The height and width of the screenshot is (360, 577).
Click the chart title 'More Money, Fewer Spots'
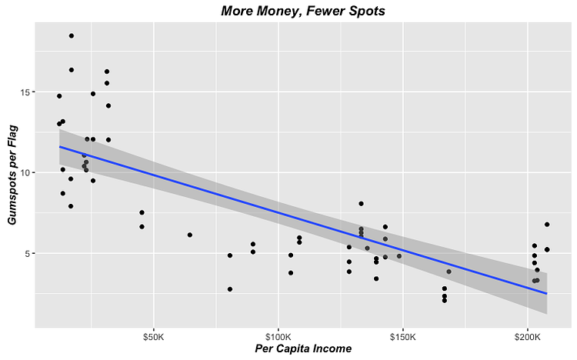coord(302,11)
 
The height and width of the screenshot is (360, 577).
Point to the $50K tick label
coord(154,337)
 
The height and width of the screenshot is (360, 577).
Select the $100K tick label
coord(278,337)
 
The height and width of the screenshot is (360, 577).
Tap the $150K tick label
coord(402,337)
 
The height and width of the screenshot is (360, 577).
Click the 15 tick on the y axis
coord(26,92)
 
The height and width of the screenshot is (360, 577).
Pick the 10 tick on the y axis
coord(26,173)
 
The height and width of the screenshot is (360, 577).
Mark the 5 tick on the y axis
coord(28,254)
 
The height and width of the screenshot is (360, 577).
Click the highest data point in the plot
coord(72,36)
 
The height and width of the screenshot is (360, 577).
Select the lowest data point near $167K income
coord(445,300)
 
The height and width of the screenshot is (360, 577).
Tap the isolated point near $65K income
coord(189,235)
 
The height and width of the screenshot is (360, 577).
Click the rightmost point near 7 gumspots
coord(547,225)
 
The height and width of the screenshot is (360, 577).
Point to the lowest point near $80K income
coord(230,289)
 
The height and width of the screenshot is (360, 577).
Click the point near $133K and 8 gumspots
coord(361,204)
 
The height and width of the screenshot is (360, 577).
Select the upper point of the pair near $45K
coord(142,212)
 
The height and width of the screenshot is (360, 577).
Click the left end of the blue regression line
coord(60,146)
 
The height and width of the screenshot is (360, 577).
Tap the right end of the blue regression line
coord(546,294)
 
